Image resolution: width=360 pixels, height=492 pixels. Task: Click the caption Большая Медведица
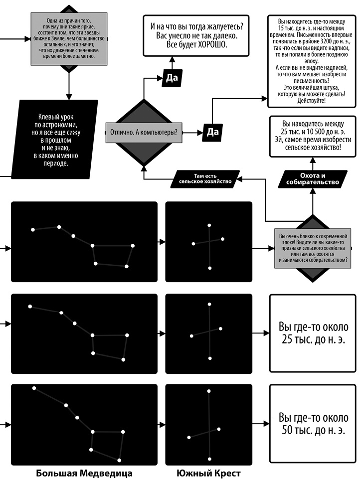point(84,473)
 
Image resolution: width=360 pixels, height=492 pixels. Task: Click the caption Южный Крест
point(208,473)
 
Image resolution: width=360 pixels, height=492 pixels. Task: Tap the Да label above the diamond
point(172,79)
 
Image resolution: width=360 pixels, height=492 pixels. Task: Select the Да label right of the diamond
point(212,132)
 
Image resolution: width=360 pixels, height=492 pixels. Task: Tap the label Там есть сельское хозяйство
point(206,178)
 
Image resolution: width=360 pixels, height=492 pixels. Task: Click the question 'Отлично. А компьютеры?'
point(144,133)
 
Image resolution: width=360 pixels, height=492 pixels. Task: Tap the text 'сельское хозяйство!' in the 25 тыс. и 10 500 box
point(313,148)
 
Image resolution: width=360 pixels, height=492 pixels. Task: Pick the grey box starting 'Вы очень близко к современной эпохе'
point(313,248)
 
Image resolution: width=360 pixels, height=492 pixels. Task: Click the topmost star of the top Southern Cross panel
point(209,225)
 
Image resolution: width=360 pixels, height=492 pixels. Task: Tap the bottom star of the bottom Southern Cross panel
point(210,459)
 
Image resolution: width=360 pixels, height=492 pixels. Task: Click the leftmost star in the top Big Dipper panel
point(33,230)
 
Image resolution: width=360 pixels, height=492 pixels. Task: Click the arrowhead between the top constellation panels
point(163,242)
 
